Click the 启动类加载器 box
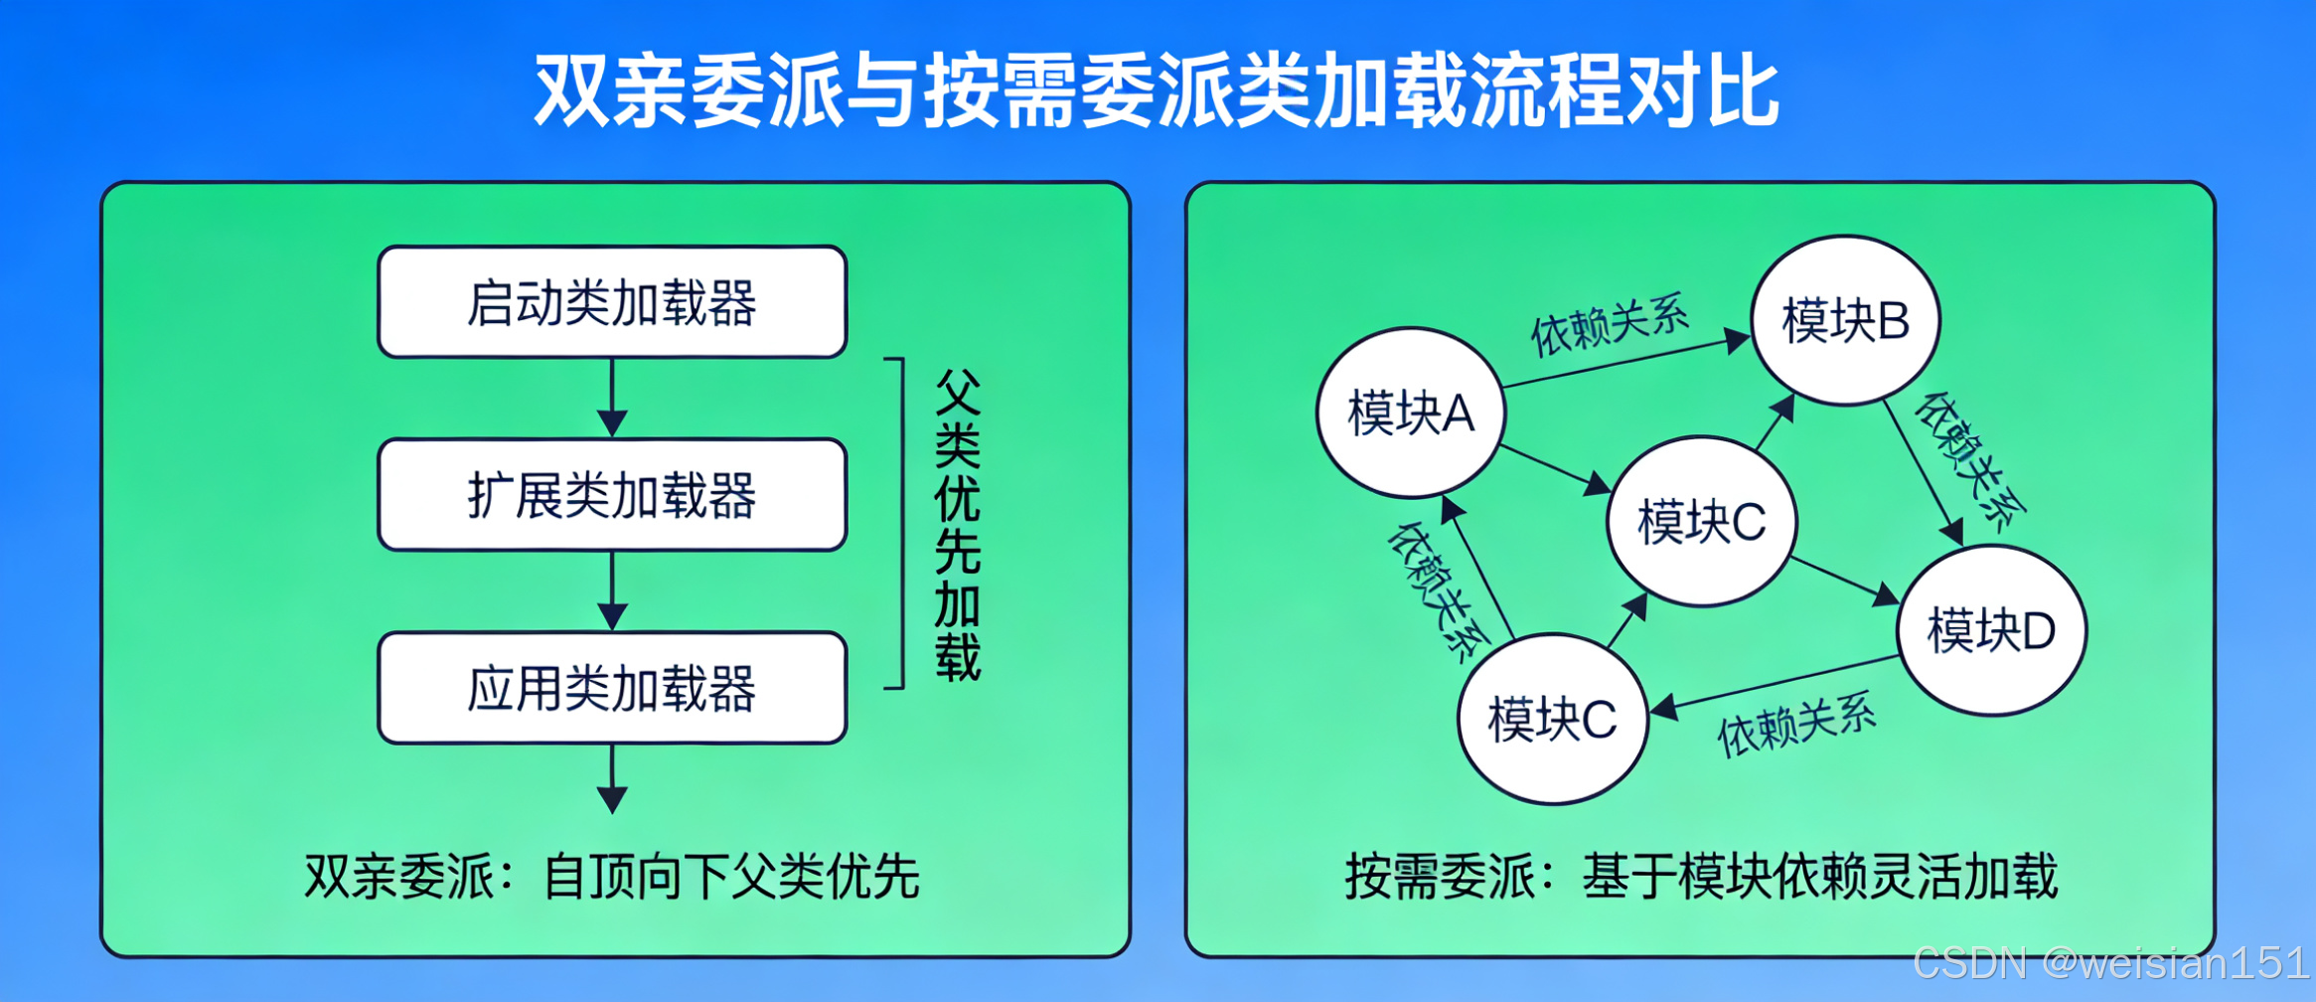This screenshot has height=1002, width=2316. pyautogui.click(x=612, y=302)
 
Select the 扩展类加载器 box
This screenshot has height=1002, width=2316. pyautogui.click(x=612, y=495)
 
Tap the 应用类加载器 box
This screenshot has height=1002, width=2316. pyautogui.click(x=612, y=688)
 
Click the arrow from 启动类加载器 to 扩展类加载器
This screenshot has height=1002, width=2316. pyautogui.click(x=612, y=398)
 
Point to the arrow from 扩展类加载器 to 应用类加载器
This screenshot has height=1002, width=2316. pyautogui.click(x=612, y=590)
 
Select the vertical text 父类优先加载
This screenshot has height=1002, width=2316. pyautogui.click(x=957, y=524)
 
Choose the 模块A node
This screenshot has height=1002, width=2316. pyautogui.click(x=1411, y=413)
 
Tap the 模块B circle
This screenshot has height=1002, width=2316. pyautogui.click(x=1845, y=320)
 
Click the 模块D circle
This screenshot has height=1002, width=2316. pyautogui.click(x=1991, y=630)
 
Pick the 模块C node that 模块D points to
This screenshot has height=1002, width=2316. pyautogui.click(x=1552, y=719)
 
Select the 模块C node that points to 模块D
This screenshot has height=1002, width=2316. pyautogui.click(x=1701, y=521)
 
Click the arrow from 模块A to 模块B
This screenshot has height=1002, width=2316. pyautogui.click(x=1626, y=363)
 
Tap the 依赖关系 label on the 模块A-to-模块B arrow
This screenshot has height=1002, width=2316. pyautogui.click(x=1610, y=323)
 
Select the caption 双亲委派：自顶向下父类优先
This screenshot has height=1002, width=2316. pyautogui.click(x=612, y=877)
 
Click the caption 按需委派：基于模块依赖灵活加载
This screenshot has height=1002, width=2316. pyautogui.click(x=1701, y=877)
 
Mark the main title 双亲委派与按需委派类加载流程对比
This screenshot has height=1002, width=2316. pyautogui.click(x=1157, y=90)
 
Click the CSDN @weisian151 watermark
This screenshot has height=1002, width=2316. pyautogui.click(x=2110, y=962)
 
